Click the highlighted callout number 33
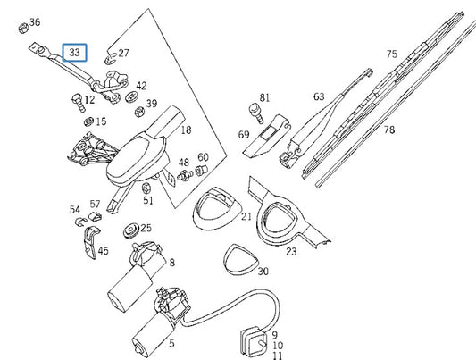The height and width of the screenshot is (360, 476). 74,53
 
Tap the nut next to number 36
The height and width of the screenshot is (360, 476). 23,29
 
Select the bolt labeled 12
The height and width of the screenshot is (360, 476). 78,102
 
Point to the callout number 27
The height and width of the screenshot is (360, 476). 123,53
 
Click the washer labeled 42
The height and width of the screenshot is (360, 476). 132,96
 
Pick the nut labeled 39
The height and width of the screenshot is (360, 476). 139,112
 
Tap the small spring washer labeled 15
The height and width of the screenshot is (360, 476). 88,121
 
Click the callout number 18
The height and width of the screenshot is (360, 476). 186,130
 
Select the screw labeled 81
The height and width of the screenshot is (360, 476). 256,113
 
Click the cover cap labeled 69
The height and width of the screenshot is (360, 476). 266,136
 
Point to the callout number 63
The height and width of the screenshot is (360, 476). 319,96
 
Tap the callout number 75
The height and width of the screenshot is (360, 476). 392,54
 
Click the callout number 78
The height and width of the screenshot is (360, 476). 389,130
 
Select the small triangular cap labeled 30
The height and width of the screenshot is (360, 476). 240,260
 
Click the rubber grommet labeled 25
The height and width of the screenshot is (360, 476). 131,230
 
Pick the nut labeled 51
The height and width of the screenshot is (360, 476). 146,188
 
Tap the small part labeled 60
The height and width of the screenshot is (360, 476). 201,171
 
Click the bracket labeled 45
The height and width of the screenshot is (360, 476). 91,242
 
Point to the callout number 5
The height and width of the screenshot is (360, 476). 171,344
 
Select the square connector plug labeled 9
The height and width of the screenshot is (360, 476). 253,341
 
